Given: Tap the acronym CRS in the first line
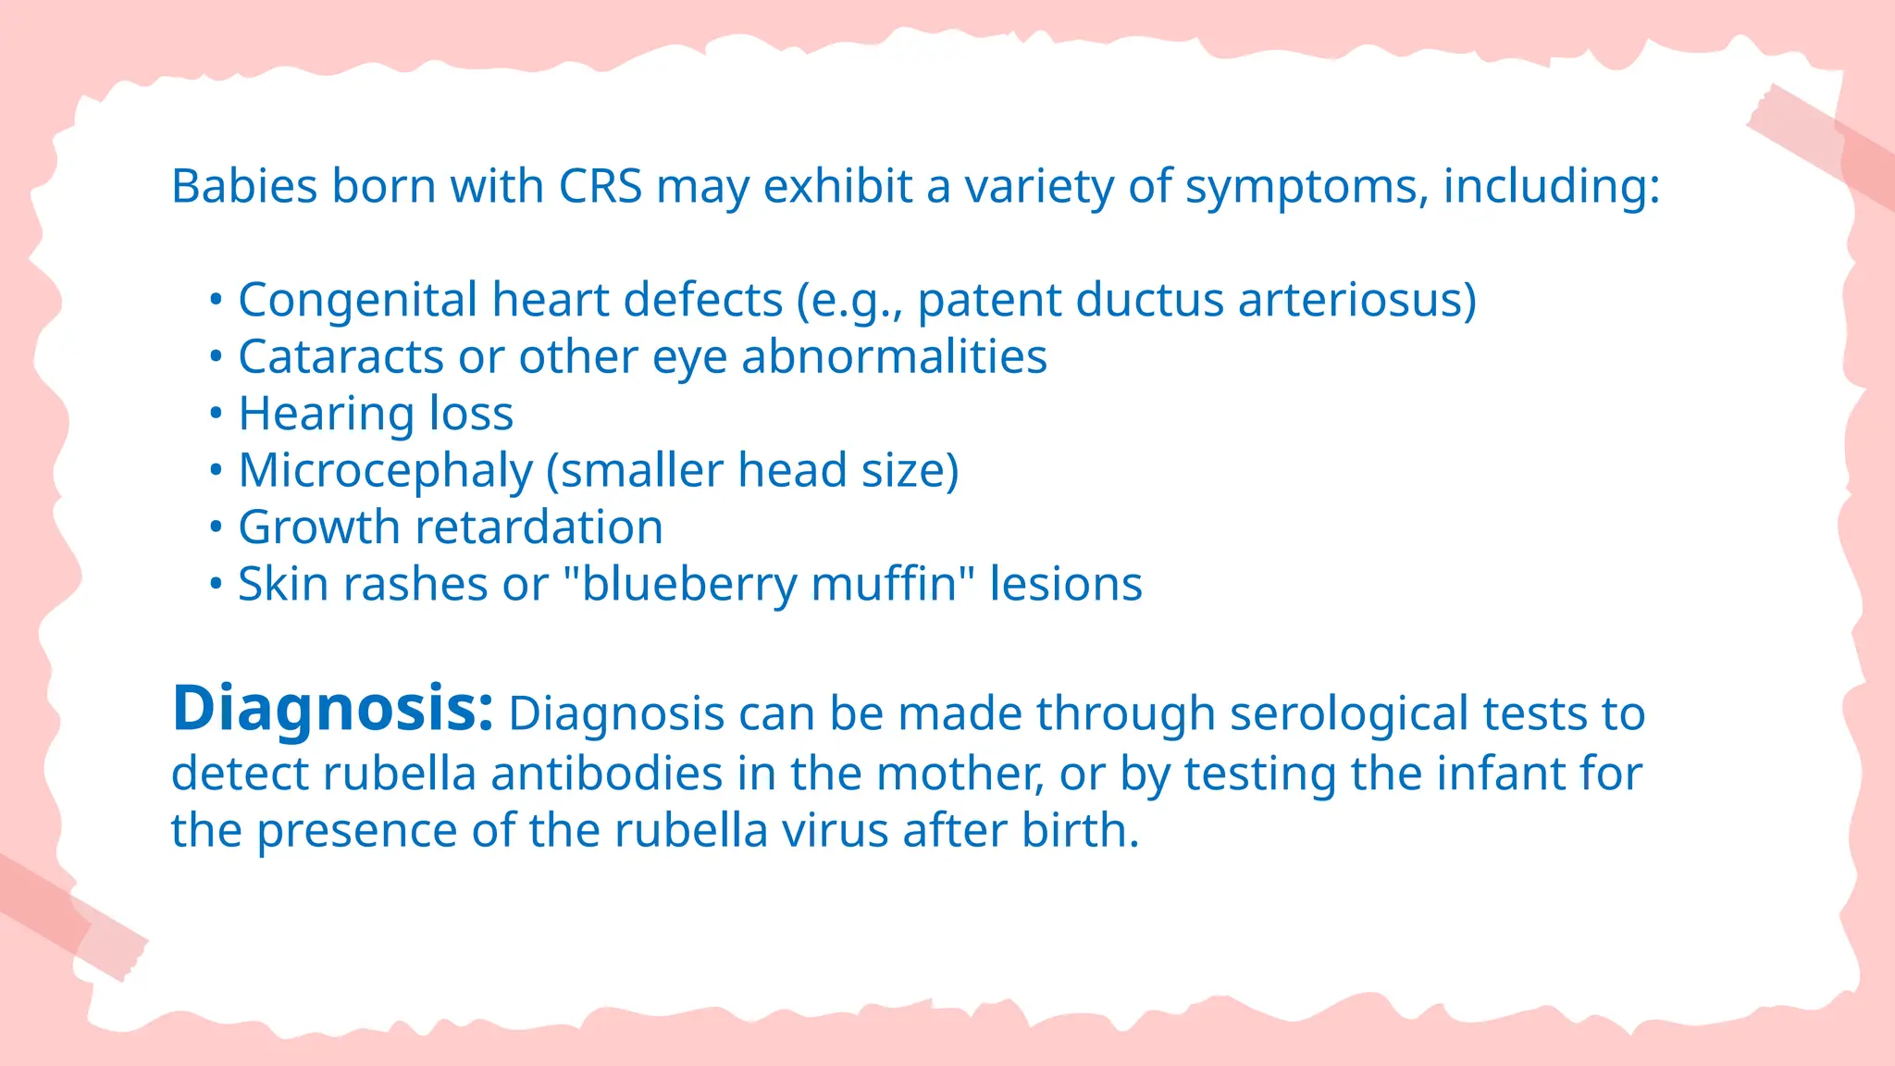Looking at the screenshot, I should (x=600, y=186).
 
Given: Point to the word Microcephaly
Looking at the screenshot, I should (x=385, y=471).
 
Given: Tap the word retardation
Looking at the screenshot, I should (x=539, y=527).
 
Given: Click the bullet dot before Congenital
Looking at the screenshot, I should (x=216, y=301).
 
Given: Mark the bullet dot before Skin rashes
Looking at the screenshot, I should (x=216, y=585).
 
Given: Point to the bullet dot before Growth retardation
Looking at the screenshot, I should (x=216, y=527).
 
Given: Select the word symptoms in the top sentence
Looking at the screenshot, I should (x=1301, y=186).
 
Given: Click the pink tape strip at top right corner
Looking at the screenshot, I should (x=1827, y=148).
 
